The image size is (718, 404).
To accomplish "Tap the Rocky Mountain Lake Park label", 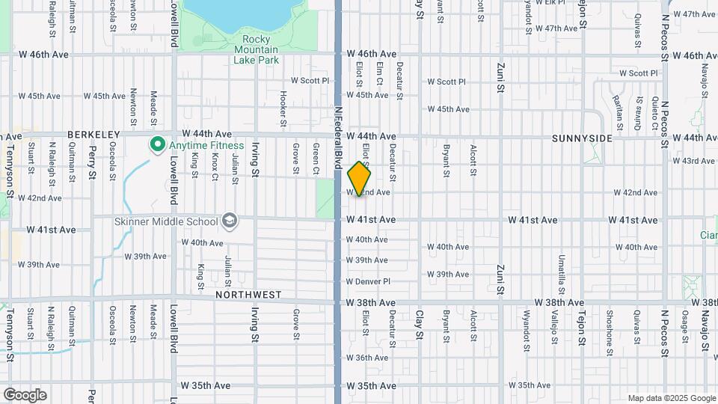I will click(x=255, y=49).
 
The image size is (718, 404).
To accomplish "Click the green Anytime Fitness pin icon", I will click(x=158, y=144).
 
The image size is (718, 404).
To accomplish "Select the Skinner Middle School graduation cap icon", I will click(x=230, y=221).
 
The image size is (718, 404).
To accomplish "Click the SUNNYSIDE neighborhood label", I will click(x=583, y=138).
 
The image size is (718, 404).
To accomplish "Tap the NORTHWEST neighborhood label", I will click(x=248, y=295).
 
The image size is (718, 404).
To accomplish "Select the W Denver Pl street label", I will click(x=368, y=281).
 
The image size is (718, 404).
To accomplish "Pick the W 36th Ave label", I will click(x=366, y=358).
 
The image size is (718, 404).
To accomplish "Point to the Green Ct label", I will click(x=316, y=159).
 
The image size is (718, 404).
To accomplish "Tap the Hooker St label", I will click(x=283, y=108).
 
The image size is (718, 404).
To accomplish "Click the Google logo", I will click(x=25, y=394).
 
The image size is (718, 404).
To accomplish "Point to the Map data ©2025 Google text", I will click(x=670, y=398).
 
